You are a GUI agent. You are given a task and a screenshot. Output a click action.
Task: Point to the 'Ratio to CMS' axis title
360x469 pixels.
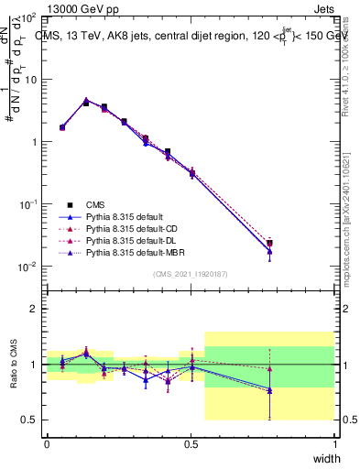coord(12,365)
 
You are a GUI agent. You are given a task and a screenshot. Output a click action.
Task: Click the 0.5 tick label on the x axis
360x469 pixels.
coord(191,443)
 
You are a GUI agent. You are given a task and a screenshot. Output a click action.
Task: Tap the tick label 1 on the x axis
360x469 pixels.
coord(334,443)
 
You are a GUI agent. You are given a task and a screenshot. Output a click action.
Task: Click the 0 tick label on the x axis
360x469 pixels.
coord(48,443)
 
